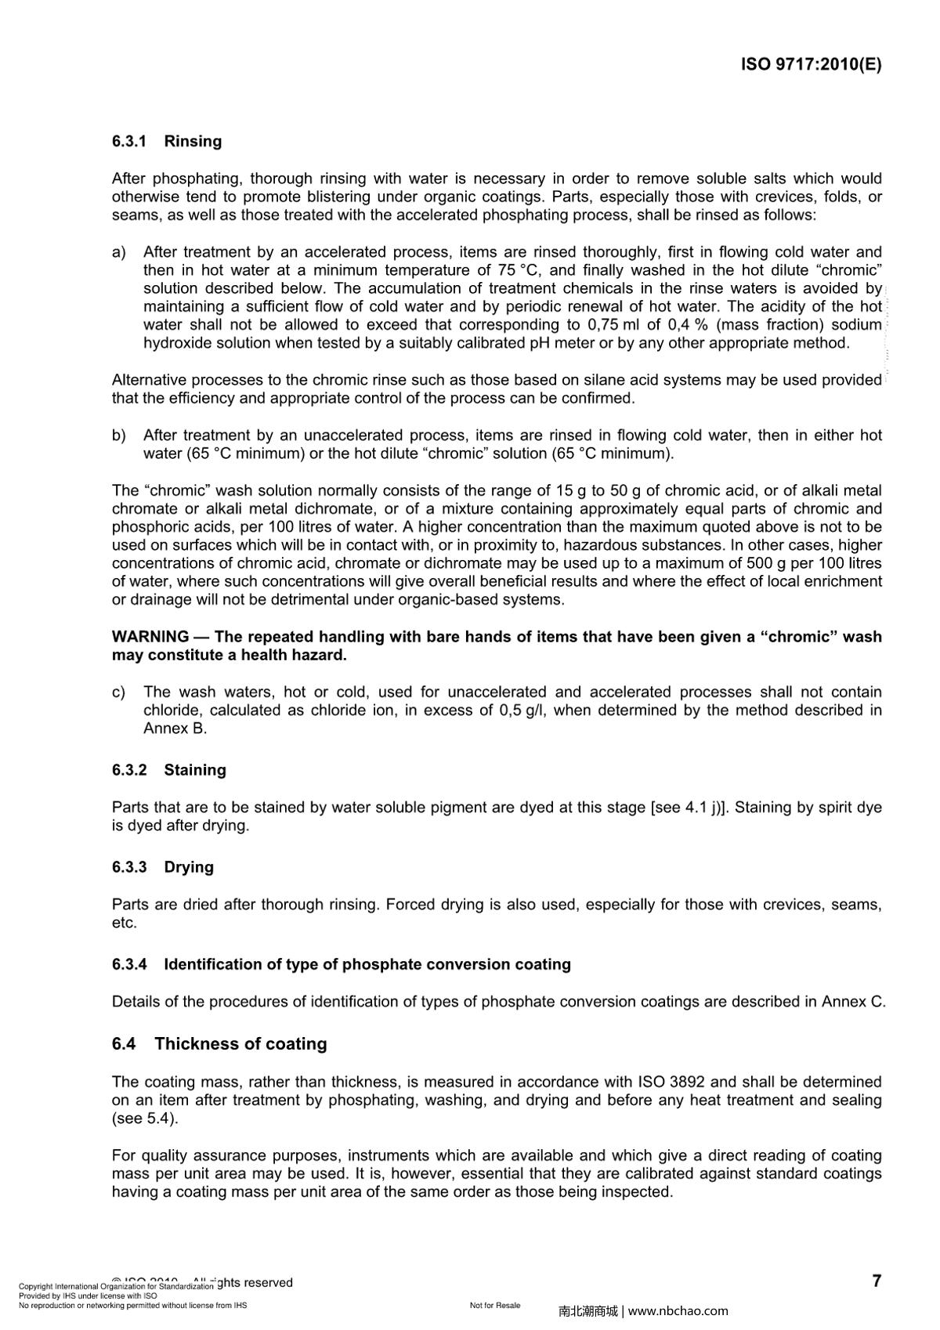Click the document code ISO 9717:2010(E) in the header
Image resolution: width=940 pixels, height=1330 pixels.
click(x=811, y=65)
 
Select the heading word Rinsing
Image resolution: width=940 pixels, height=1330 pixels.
click(x=193, y=142)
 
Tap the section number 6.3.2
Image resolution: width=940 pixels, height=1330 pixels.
click(x=129, y=771)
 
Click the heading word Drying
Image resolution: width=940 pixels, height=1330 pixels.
click(x=189, y=868)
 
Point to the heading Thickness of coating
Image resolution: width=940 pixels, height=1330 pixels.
click(x=240, y=1044)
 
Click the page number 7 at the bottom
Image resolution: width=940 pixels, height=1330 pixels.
click(x=877, y=1281)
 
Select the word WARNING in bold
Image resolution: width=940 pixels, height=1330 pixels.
click(x=150, y=637)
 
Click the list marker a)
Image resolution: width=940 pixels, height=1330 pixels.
click(x=119, y=252)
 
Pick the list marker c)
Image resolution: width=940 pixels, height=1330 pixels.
click(x=119, y=692)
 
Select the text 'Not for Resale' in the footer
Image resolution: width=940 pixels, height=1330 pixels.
click(x=495, y=1306)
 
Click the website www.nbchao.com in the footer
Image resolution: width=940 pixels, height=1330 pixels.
click(x=678, y=1311)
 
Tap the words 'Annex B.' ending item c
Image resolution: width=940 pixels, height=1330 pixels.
click(x=175, y=728)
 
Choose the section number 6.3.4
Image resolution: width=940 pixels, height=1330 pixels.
click(x=129, y=965)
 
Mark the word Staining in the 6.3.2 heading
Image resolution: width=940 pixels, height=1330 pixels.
click(x=195, y=771)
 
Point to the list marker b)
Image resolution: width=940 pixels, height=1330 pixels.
click(x=119, y=436)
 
